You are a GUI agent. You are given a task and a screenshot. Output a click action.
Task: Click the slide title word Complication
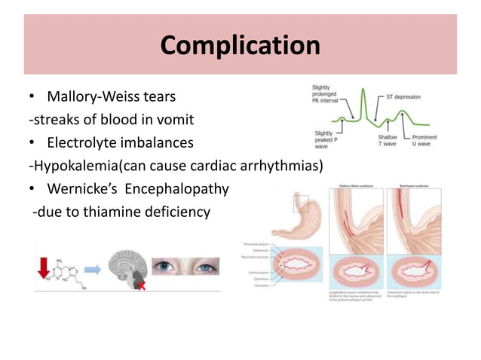(x=240, y=45)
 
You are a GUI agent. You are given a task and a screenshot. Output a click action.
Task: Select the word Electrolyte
(x=85, y=142)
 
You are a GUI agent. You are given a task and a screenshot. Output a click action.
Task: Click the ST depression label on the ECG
(x=403, y=96)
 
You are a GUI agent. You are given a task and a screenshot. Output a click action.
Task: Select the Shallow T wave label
(x=391, y=142)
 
